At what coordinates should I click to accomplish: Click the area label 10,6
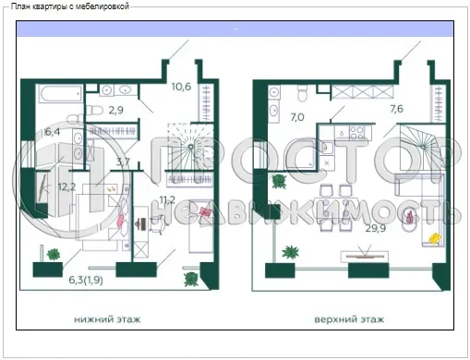[181, 89]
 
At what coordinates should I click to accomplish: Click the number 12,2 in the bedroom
[66, 186]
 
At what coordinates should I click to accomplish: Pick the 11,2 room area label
[167, 198]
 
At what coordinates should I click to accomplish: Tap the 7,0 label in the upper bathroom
[297, 117]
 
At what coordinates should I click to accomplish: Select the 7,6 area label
[397, 109]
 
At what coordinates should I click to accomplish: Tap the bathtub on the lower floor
[61, 93]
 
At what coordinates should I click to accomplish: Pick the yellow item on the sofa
[432, 238]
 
